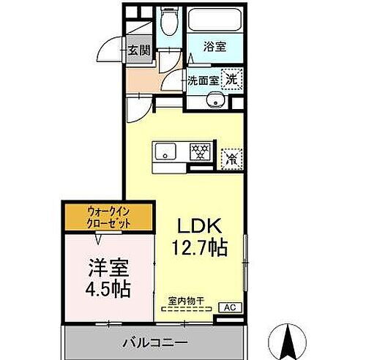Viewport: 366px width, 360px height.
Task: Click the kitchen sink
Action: click(x=166, y=152)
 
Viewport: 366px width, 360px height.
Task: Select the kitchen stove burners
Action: click(x=199, y=152)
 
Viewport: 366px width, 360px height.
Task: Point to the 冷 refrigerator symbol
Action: click(x=231, y=155)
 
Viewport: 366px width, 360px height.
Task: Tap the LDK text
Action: click(x=198, y=225)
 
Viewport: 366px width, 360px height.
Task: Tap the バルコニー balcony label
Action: click(x=154, y=341)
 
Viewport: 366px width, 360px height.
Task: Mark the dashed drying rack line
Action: click(x=185, y=309)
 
